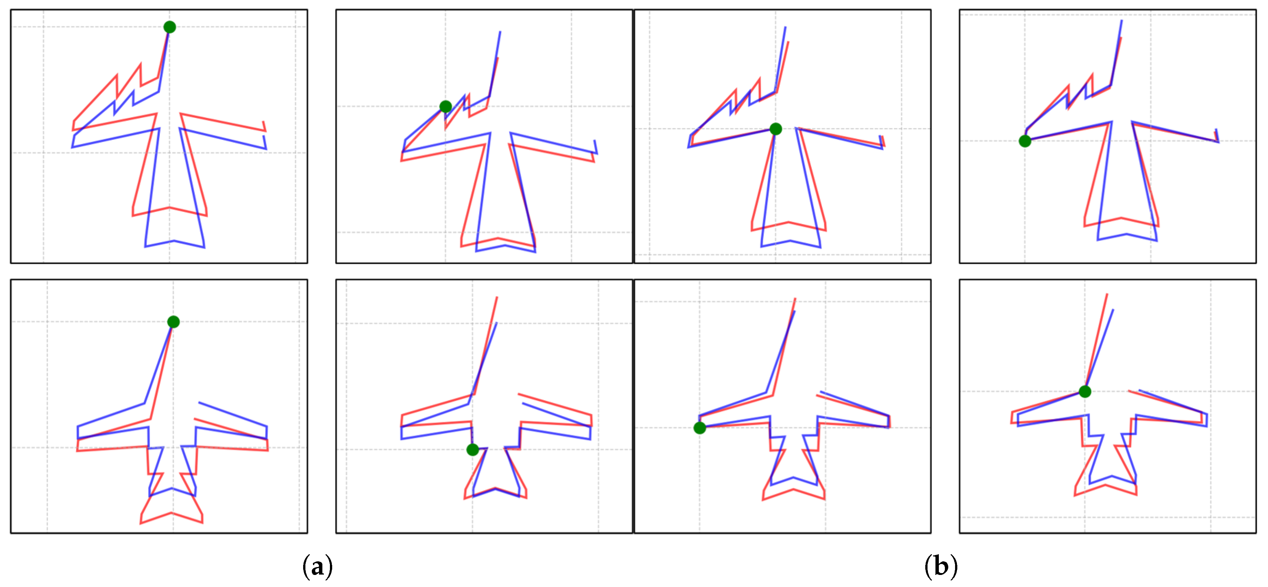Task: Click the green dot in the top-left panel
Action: tap(169, 27)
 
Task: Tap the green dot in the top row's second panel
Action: tap(445, 106)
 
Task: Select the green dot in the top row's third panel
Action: tap(775, 129)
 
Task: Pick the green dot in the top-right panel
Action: tap(1025, 141)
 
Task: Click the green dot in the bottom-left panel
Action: tap(173, 322)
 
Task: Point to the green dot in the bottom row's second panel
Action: tap(472, 449)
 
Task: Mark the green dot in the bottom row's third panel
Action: tap(699, 428)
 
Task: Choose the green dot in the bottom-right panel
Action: tap(1085, 392)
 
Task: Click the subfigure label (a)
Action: tap(317, 566)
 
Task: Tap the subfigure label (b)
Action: tap(941, 566)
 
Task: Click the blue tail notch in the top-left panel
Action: tap(174, 241)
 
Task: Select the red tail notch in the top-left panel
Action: tap(169, 207)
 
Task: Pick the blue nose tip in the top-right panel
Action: tap(1122, 20)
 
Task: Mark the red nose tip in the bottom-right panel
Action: tap(1107, 294)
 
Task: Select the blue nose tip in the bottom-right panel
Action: tap(1113, 309)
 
